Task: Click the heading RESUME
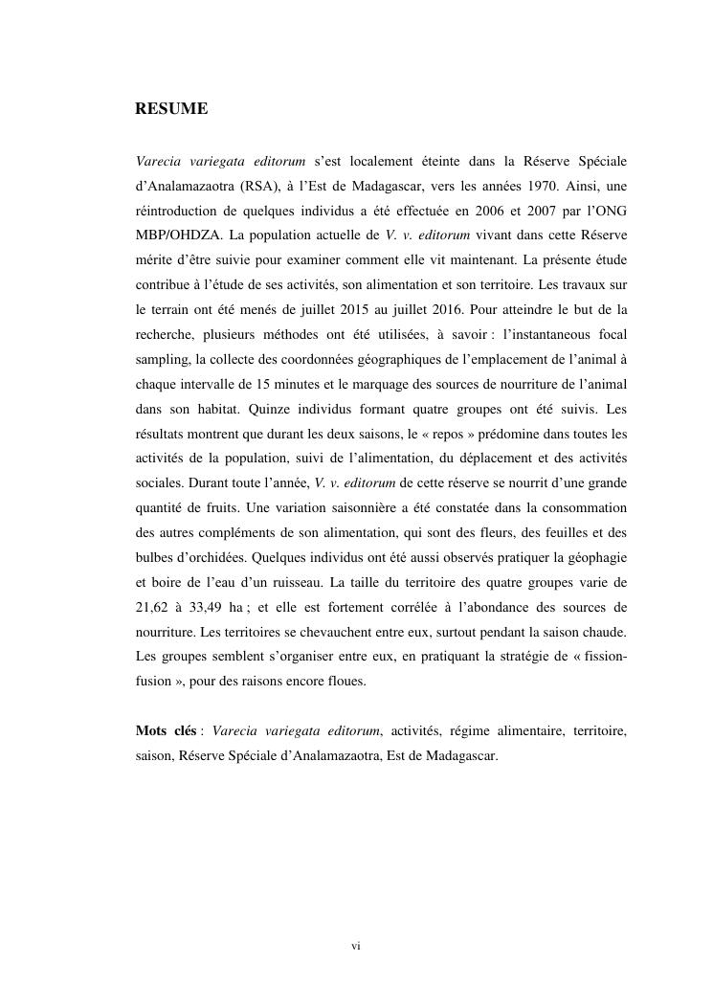pos(171,109)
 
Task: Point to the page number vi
pos(356,947)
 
